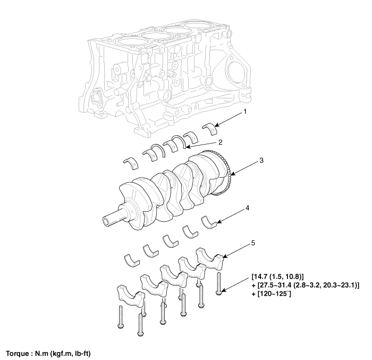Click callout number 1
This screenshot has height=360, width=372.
coord(245,112)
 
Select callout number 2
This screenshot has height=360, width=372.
coord(221,142)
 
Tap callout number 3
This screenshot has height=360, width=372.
coord(261,161)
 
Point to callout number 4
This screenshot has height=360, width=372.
coord(248,208)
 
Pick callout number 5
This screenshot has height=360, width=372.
coord(253,243)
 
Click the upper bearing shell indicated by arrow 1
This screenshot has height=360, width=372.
coord(210,129)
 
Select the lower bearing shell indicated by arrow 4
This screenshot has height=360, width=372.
coord(209,223)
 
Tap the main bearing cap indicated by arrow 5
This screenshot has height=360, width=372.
coord(210,259)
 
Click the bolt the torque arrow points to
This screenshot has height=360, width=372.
coord(218,284)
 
